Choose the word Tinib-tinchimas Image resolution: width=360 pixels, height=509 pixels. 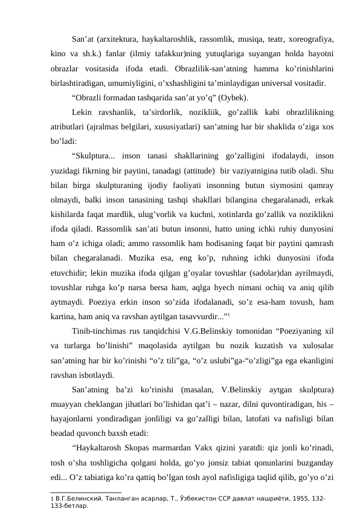[x=100, y=329]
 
